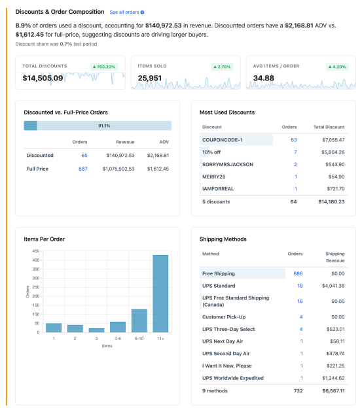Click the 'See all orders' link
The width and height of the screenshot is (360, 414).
(x=126, y=12)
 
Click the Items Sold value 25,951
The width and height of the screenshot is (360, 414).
(x=150, y=78)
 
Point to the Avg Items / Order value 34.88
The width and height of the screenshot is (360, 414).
(x=262, y=78)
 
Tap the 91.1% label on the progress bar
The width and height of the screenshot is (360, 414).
(x=104, y=126)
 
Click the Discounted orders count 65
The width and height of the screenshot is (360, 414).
(x=84, y=156)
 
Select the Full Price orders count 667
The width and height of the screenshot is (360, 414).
(x=82, y=169)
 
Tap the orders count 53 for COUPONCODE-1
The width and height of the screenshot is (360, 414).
(x=293, y=140)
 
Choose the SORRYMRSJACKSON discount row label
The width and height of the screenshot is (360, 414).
(x=228, y=164)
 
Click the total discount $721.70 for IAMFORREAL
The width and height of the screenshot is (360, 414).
(x=333, y=189)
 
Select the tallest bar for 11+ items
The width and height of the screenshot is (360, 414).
(x=160, y=294)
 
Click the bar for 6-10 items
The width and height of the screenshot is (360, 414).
(x=139, y=321)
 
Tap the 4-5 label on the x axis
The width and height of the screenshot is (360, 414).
(x=117, y=339)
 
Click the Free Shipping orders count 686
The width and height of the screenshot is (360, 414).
(x=298, y=273)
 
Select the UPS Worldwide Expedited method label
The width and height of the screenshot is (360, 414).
(x=233, y=378)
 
